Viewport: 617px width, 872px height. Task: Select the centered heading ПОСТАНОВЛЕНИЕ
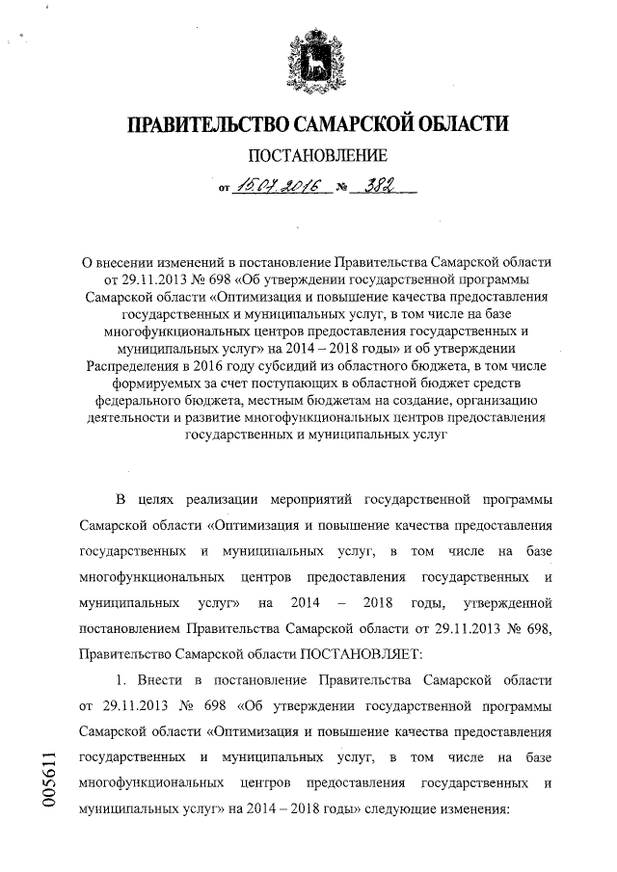(x=318, y=156)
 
